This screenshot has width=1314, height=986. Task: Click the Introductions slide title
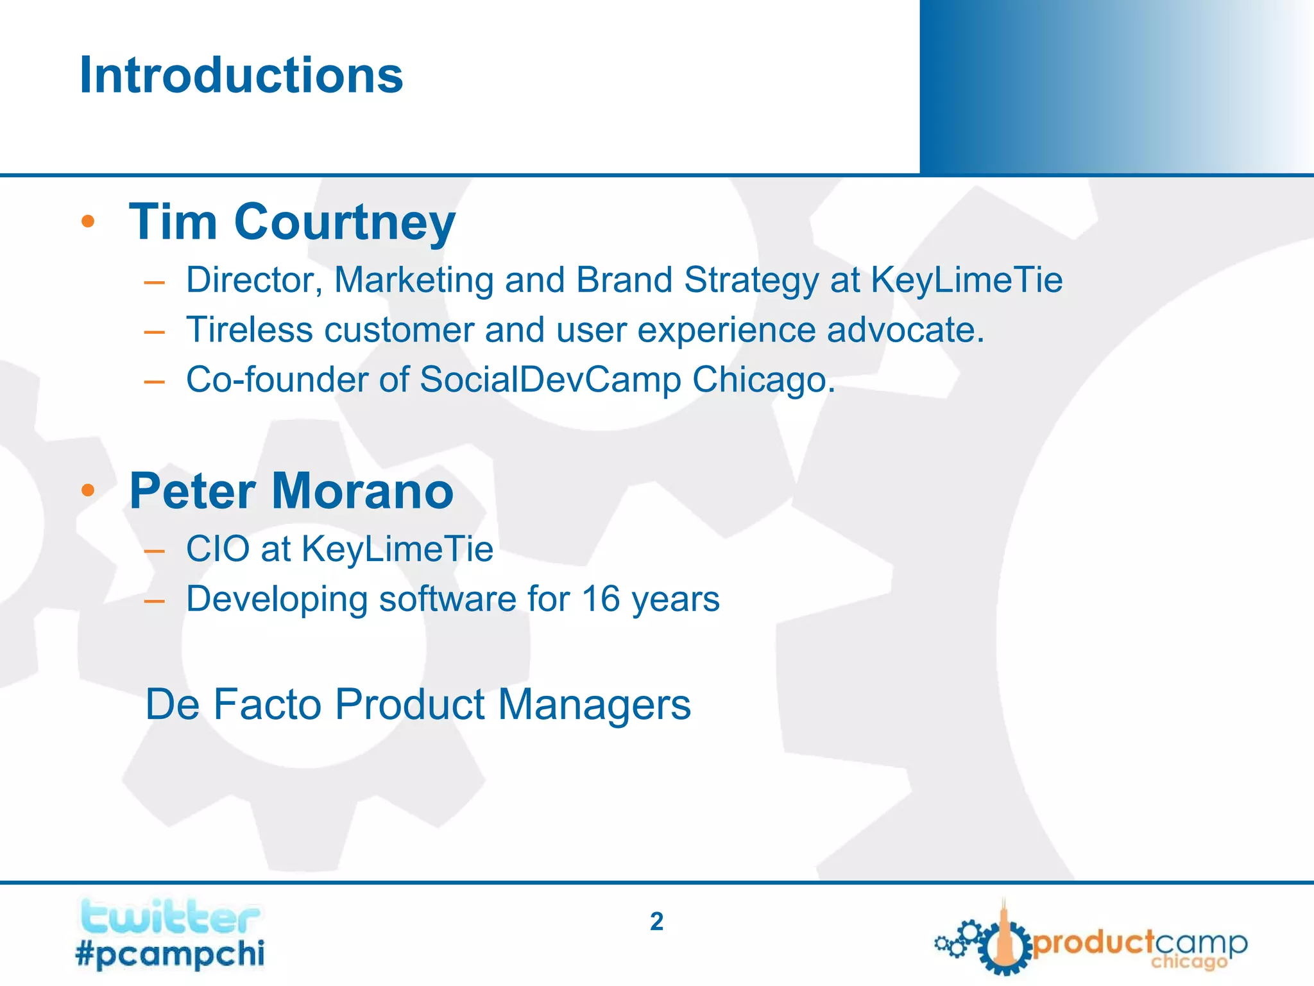pos(241,75)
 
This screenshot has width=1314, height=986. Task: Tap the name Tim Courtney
pos(292,222)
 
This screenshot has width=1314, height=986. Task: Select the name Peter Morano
pos(291,491)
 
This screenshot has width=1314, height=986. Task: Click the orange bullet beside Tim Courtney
pos(88,222)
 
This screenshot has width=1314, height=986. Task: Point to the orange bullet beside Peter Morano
pos(88,491)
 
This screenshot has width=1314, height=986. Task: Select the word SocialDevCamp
pos(550,379)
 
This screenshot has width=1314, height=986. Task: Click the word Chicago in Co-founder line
pos(763,381)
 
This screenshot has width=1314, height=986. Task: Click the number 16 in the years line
pos(601,599)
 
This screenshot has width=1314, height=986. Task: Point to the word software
pos(447,599)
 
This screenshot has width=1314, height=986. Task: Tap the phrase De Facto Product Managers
pos(418,705)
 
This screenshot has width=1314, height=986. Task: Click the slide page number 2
pos(656,922)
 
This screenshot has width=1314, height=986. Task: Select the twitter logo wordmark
pos(169,917)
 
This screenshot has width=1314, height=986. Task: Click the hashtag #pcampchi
pos(169,953)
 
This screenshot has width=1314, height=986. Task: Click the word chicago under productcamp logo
pos(1188,962)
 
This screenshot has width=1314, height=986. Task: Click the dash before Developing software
pos(155,601)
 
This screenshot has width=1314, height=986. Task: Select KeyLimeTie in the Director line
pos(966,281)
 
